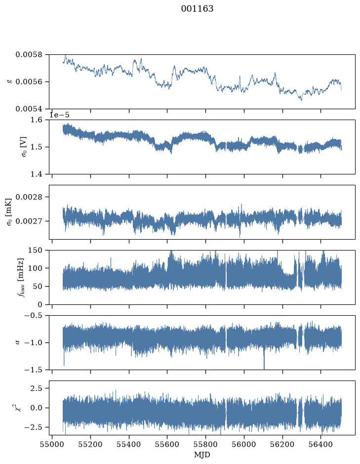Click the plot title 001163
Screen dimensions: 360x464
(197, 9)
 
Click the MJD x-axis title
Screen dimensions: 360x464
(202, 455)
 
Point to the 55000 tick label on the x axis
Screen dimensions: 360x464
(52, 444)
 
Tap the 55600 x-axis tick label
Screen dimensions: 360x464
(167, 444)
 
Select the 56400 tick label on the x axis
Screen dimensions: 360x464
(321, 444)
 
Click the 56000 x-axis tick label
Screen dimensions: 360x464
(244, 444)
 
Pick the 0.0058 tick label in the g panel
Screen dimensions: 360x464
(29, 55)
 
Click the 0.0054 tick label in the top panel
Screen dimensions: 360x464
(29, 109)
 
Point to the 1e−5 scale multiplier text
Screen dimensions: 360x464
(59, 115)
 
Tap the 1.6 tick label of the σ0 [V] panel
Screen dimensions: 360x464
(37, 120)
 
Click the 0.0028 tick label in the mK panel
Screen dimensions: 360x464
(29, 197)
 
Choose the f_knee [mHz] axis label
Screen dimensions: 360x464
(20, 277)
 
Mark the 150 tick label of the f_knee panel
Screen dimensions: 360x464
(35, 251)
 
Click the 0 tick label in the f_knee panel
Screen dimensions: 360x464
(40, 304)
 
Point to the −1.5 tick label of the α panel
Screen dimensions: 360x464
(34, 370)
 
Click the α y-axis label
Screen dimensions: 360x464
(17, 342)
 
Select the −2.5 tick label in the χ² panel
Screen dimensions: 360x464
(34, 427)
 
